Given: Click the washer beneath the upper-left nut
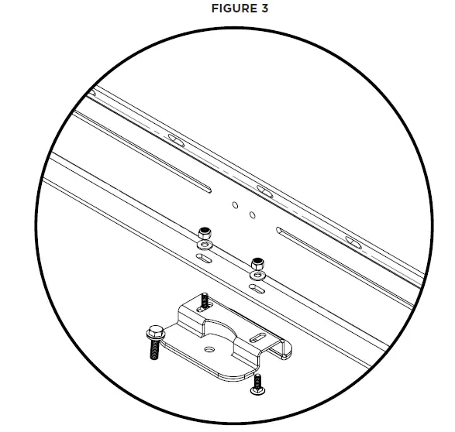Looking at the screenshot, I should click(x=203, y=245).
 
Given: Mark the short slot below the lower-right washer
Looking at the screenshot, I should click(x=256, y=288).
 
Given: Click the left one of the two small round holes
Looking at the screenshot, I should click(x=235, y=205).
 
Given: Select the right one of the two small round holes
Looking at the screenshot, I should click(x=252, y=214).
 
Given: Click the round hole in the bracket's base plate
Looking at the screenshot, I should click(x=207, y=348).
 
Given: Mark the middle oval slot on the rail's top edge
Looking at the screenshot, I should click(x=265, y=190).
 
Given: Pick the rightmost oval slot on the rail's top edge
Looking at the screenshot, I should click(x=353, y=243).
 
